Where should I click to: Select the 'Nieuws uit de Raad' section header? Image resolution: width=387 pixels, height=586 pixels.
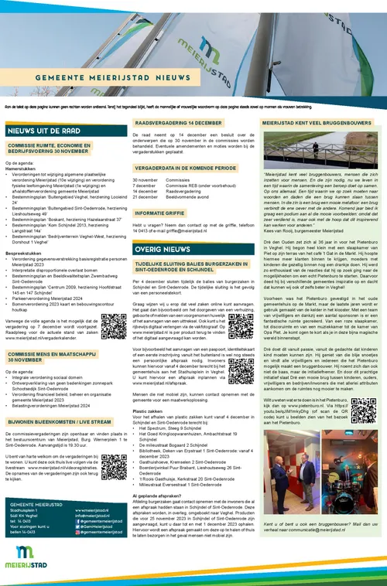pos(39,131)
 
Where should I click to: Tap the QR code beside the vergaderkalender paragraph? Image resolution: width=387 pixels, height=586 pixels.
pos(111,332)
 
